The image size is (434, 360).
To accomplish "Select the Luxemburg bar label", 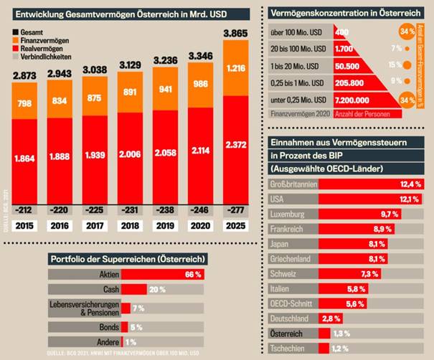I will click(x=288, y=214).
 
